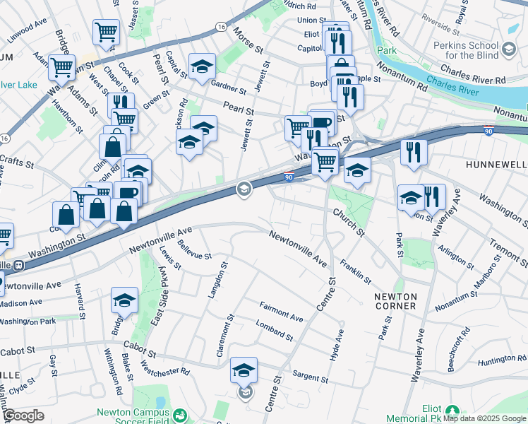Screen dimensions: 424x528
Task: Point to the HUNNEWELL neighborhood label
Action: point(497,164)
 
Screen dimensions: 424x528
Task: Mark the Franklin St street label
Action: point(355,271)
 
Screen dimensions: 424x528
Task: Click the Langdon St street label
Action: point(215,280)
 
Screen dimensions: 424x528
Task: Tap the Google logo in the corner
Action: point(23,416)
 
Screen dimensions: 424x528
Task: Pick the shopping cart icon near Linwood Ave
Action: point(105,32)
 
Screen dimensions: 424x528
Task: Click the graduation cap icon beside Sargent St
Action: point(244,370)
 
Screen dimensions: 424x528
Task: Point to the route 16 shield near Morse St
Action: point(221,26)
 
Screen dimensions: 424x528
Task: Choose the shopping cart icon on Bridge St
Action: point(61,68)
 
